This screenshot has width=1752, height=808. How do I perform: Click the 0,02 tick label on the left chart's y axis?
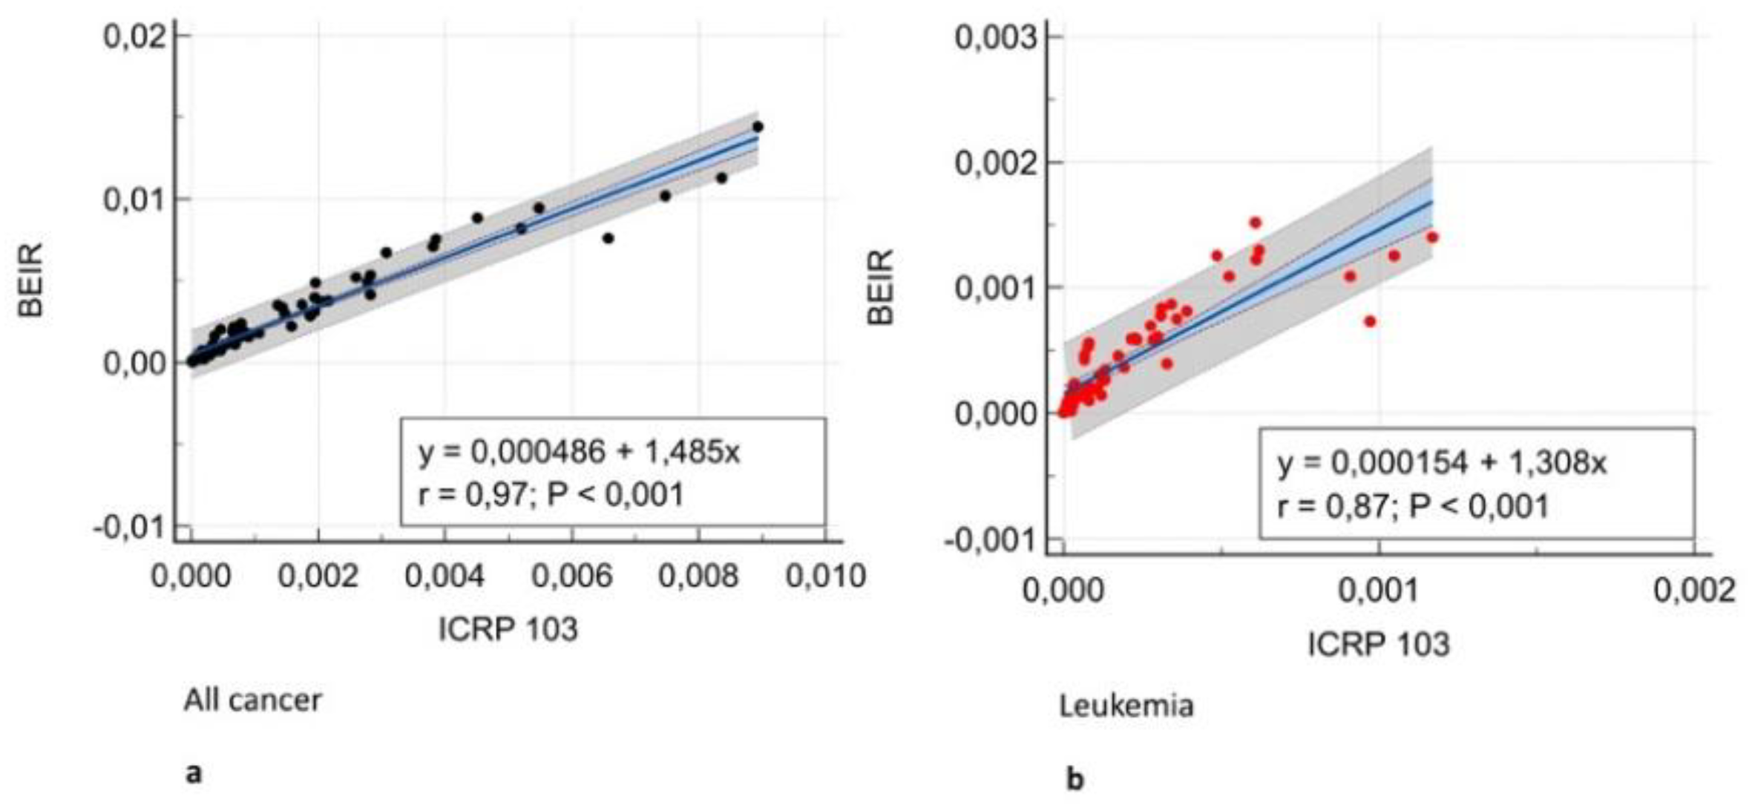[134, 36]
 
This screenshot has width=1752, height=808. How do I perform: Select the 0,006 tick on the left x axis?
[572, 577]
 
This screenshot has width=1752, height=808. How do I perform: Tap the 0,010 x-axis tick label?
[825, 577]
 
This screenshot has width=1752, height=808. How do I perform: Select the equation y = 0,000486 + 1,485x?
[579, 452]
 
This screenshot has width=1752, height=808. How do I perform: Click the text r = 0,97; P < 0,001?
[550, 494]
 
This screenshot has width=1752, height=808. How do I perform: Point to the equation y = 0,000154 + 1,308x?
[1441, 463]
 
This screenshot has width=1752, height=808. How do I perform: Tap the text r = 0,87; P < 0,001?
[1413, 506]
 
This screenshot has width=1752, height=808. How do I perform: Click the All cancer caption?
[252, 700]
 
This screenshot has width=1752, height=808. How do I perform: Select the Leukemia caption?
[1126, 706]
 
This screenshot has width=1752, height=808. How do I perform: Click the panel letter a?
[194, 774]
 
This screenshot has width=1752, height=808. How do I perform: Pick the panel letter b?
[1075, 779]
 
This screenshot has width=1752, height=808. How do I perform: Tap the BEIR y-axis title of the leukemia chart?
[882, 287]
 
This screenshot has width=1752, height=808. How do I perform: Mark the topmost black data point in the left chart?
[758, 127]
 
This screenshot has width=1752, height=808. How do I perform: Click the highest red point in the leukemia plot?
[1255, 223]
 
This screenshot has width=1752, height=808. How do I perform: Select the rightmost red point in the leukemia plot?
[1432, 237]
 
